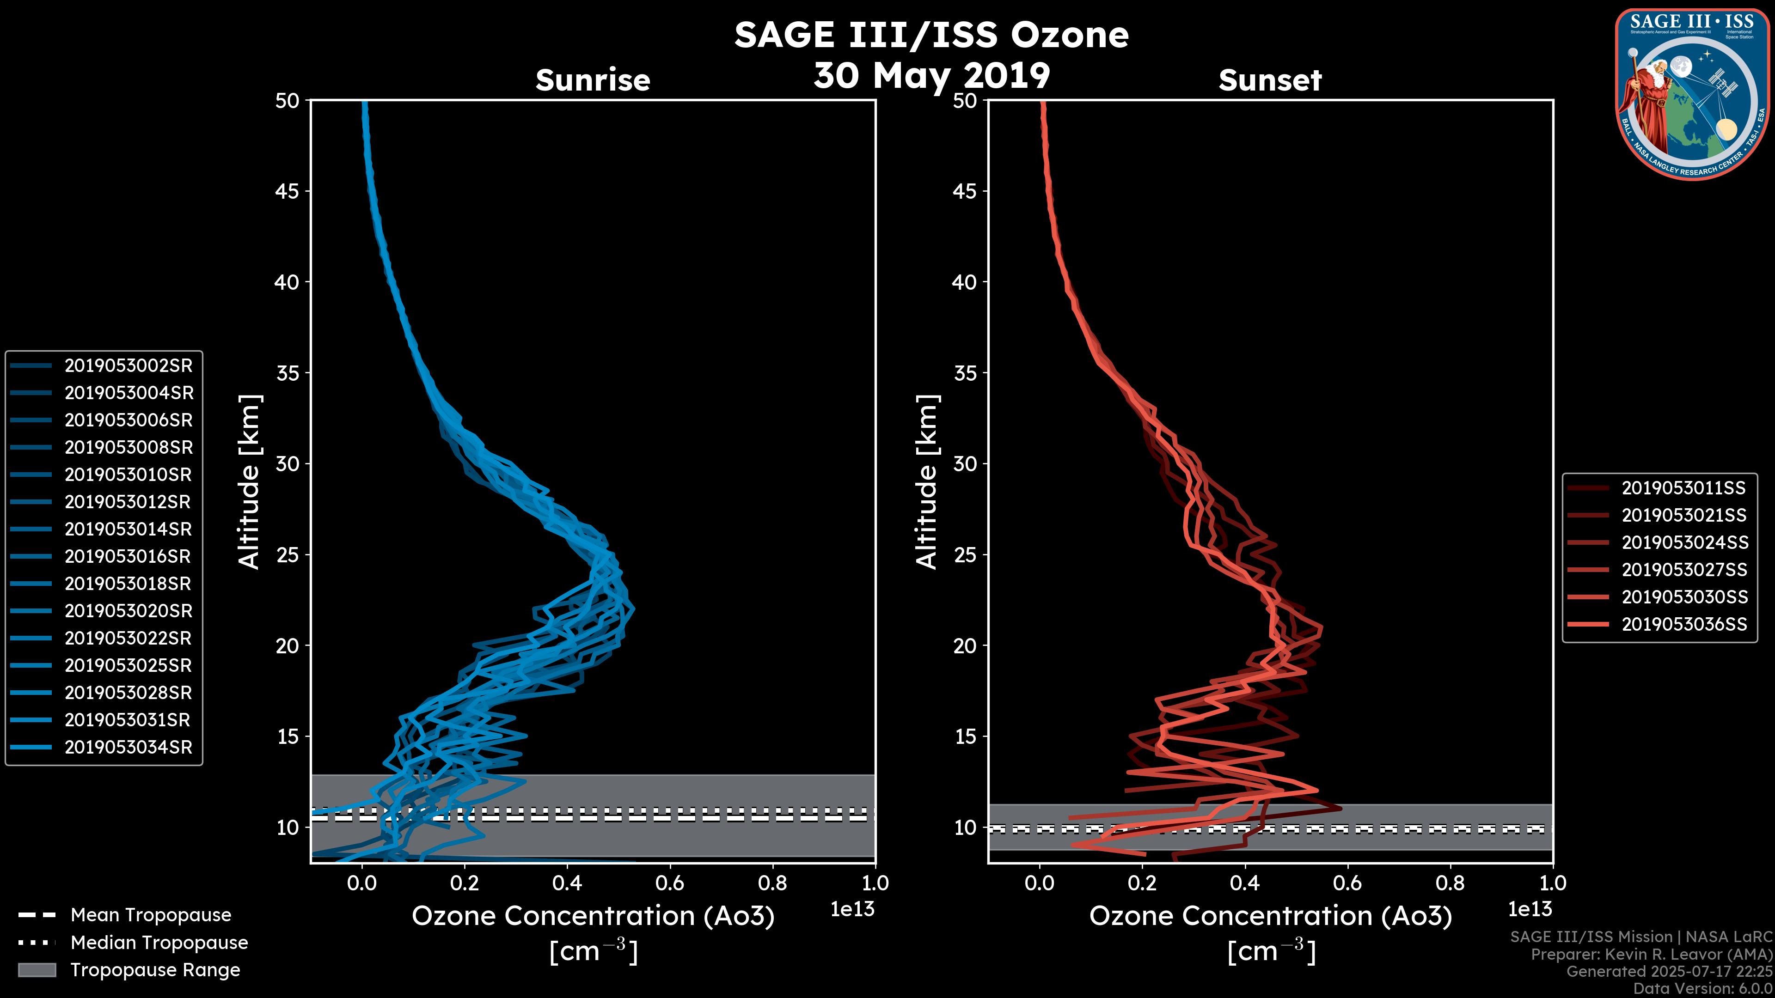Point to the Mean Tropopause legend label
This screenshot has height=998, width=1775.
pyautogui.click(x=150, y=915)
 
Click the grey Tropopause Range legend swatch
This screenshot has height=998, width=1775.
pyautogui.click(x=37, y=970)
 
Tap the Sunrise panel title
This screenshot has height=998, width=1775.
pyautogui.click(x=593, y=80)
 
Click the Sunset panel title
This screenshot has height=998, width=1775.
pyautogui.click(x=1270, y=80)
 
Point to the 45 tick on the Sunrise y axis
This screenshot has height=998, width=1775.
pyautogui.click(x=288, y=191)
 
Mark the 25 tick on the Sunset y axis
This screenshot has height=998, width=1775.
pyautogui.click(x=965, y=555)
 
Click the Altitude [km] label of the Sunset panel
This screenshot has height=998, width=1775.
pyautogui.click(x=927, y=482)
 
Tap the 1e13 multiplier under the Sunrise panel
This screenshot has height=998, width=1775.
pyautogui.click(x=851, y=910)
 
